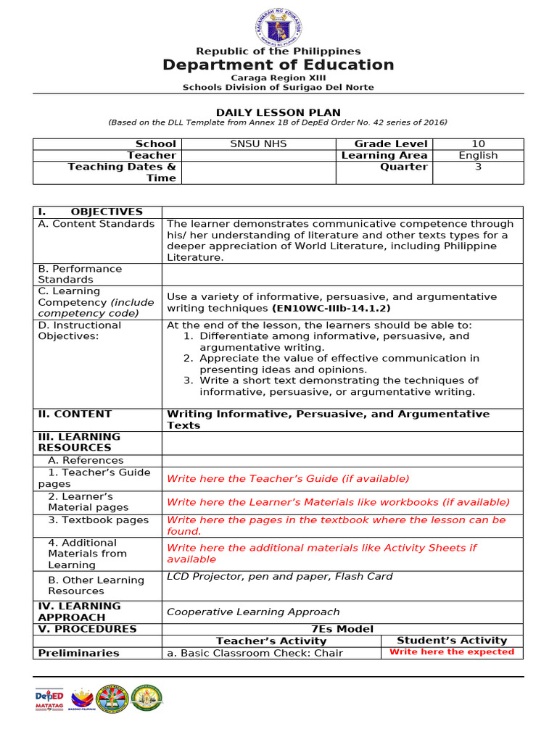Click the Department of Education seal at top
click(x=278, y=29)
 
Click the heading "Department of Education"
click(x=278, y=65)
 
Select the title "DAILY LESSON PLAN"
click(x=278, y=112)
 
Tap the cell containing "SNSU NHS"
click(x=258, y=144)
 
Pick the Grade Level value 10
click(x=478, y=144)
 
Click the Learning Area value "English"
click(x=478, y=155)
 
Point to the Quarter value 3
click(x=478, y=167)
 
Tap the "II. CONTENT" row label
click(x=75, y=414)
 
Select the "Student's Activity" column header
click(x=452, y=641)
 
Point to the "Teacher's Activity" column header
click(x=271, y=641)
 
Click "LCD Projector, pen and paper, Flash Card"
click(x=280, y=577)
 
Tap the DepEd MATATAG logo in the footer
click(x=49, y=699)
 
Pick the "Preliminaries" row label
click(x=78, y=653)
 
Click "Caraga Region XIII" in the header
click(x=278, y=78)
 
